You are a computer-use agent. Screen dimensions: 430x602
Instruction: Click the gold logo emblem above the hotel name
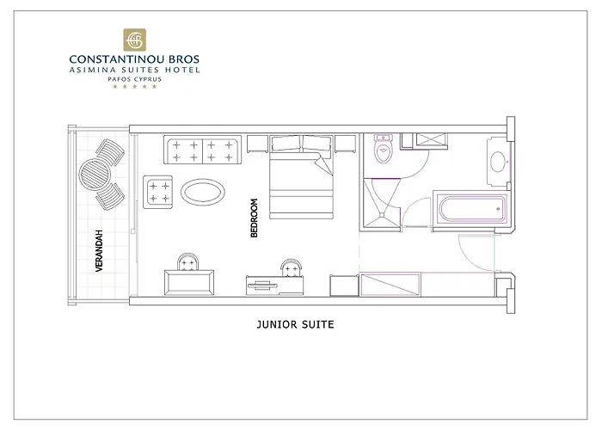tap(134, 40)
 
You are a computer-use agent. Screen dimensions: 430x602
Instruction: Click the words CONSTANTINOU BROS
tap(134, 59)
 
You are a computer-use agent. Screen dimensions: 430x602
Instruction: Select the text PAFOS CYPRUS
tap(134, 78)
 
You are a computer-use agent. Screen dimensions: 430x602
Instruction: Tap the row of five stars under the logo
tap(134, 87)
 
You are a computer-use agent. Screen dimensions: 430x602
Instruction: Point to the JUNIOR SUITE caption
tap(295, 325)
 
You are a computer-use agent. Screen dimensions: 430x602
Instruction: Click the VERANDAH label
tap(100, 252)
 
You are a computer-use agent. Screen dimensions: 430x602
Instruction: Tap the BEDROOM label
tap(254, 218)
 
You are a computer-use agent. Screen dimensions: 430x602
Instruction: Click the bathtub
tap(470, 209)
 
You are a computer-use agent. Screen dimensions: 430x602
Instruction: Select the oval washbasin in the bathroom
tap(497, 161)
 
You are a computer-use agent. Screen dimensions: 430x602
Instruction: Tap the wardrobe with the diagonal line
tap(390, 284)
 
